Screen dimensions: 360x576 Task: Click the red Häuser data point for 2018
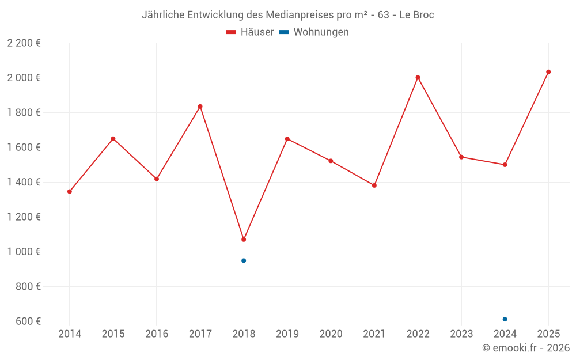coord(244,240)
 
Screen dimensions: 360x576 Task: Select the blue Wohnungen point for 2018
coord(244,260)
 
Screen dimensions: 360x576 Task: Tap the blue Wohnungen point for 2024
coord(505,319)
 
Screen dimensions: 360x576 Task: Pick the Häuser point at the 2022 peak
coord(418,77)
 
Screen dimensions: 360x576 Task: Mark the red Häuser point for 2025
coord(548,72)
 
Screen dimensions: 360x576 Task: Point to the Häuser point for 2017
coord(200,107)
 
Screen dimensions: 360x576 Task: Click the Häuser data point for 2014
coord(70,191)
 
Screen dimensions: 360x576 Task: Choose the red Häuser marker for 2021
coord(374,185)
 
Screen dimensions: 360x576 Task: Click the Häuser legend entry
coord(250,32)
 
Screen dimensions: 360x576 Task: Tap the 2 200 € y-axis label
coord(24,43)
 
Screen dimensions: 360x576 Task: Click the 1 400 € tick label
coord(24,182)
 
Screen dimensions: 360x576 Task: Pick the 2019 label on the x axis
coord(287,334)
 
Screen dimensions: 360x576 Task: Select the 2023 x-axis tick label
coord(461,334)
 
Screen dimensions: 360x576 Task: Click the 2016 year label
coord(157,334)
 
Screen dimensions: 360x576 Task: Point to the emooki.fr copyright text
coord(526,348)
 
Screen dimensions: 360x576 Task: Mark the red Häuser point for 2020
coord(331,161)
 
